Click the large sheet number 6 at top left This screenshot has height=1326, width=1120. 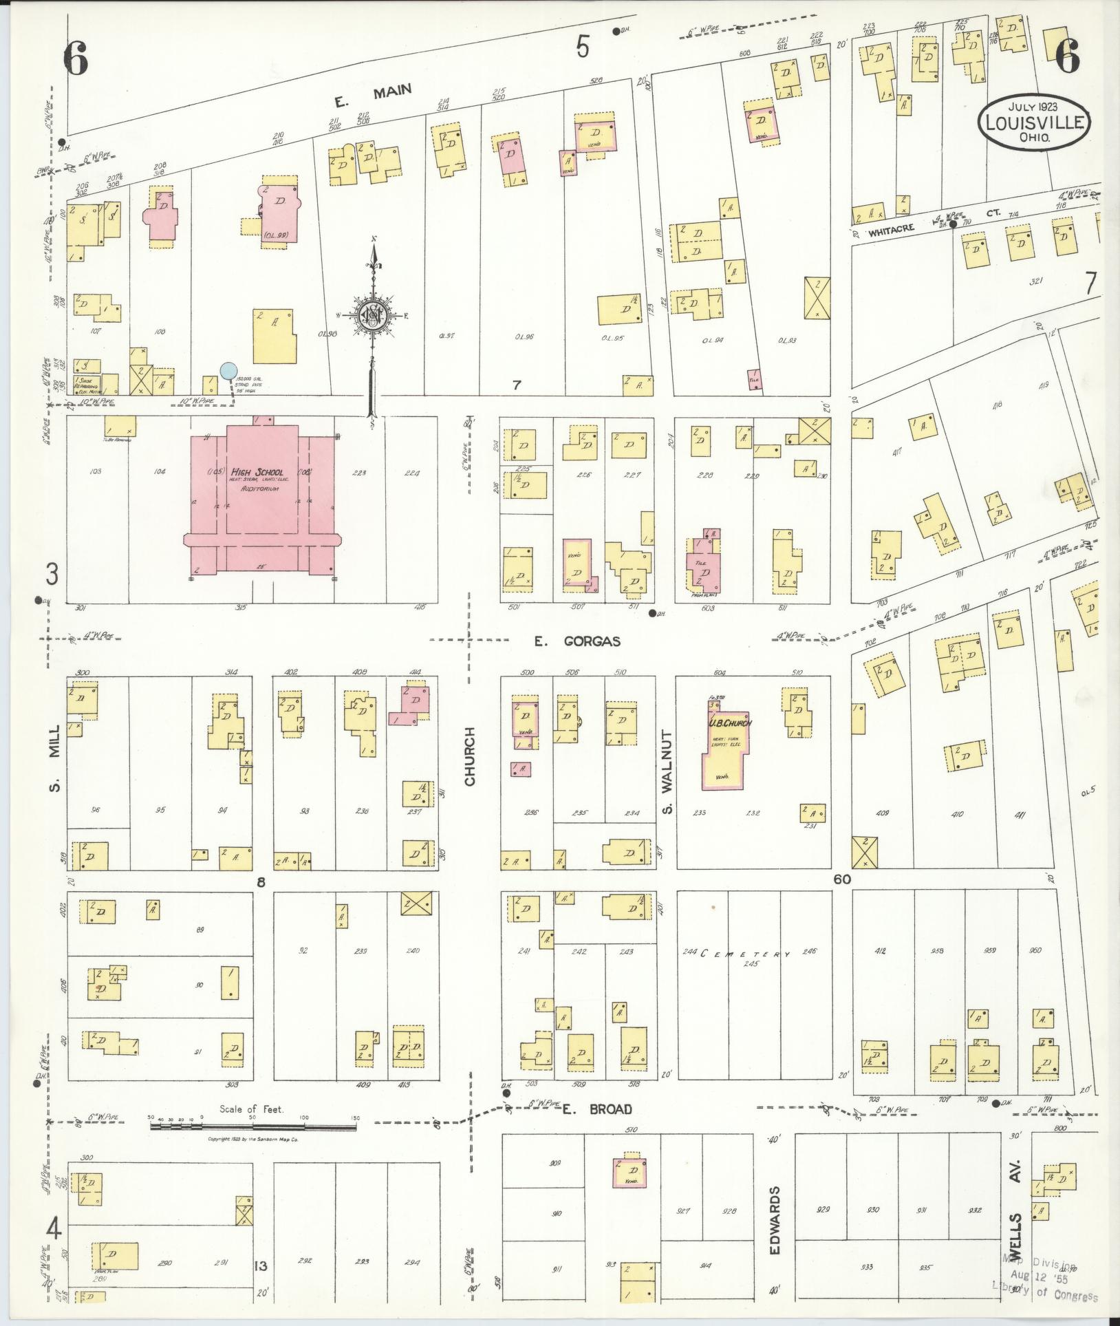(76, 59)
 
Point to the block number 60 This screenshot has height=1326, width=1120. (841, 879)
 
